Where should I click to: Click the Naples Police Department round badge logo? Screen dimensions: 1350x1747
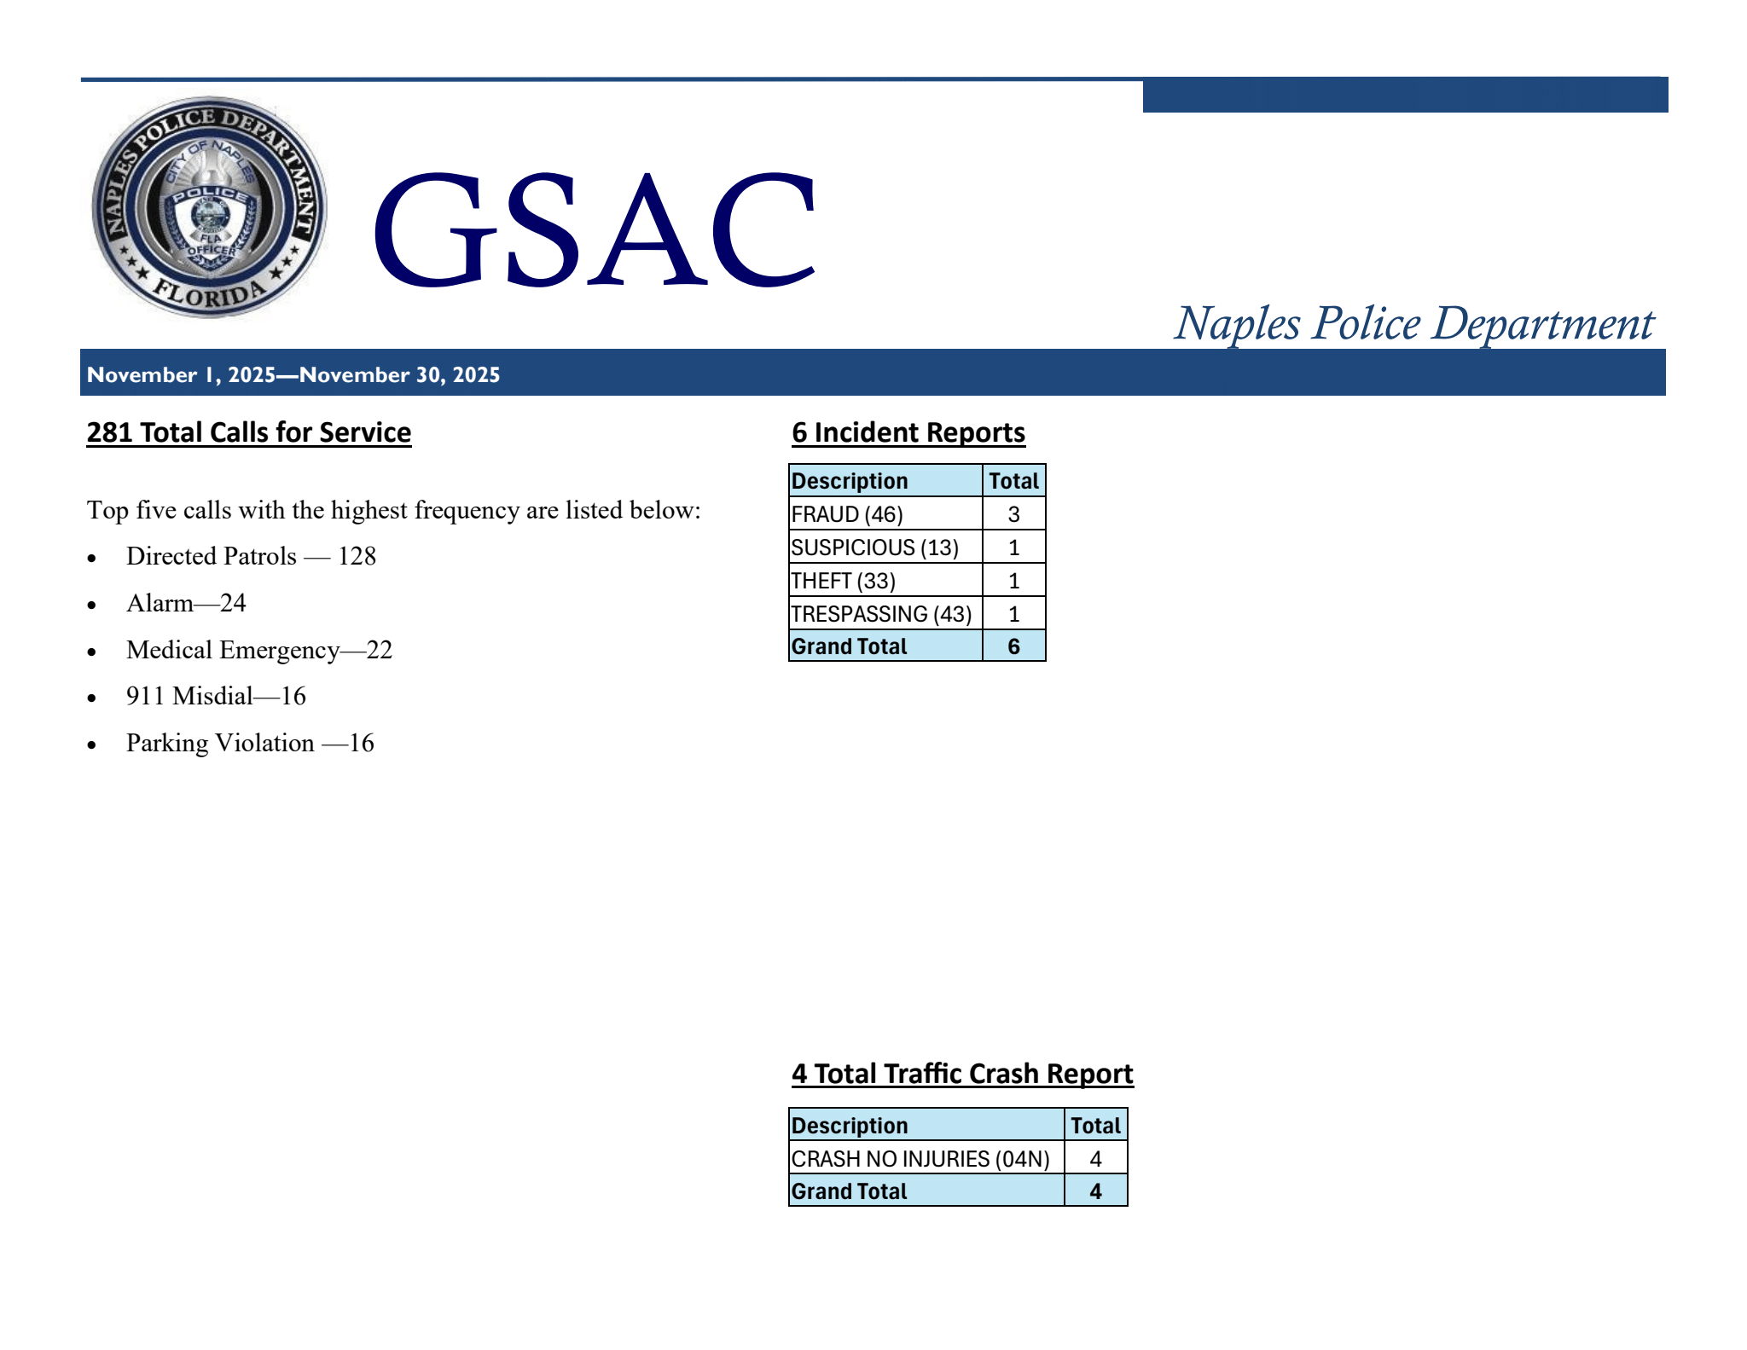[x=209, y=207]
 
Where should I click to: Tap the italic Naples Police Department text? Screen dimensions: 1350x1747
[x=1413, y=324]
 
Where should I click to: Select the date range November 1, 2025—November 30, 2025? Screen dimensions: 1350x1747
[x=293, y=375]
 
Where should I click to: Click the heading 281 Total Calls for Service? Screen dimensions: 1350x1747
[x=249, y=432]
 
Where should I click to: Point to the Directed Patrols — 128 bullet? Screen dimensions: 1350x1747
[x=251, y=556]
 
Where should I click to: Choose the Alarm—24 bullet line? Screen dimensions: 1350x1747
[x=186, y=603]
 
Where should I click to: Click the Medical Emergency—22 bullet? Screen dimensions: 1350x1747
[x=259, y=650]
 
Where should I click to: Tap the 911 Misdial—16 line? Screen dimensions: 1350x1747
[x=216, y=696]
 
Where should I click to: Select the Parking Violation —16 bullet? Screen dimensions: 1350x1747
[x=250, y=743]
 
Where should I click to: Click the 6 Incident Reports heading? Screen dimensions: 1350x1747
[x=908, y=432]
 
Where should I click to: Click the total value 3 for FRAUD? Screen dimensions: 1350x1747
[x=1013, y=514]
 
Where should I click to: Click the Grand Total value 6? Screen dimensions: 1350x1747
[x=1013, y=646]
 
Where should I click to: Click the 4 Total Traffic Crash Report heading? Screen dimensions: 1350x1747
[x=962, y=1073]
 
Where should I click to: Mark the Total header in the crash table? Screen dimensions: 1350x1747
[x=1095, y=1126]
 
